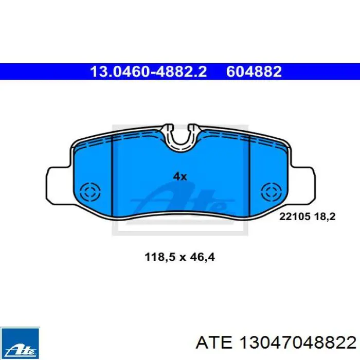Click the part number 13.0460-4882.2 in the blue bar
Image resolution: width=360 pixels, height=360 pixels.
coord(149,71)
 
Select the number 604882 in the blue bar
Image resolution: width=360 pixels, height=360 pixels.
coord(254,71)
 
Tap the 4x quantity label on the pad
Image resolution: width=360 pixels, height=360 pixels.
coord(180,176)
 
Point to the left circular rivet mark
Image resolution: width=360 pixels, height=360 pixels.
coord(90,192)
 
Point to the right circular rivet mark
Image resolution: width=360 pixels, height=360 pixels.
coord(272,192)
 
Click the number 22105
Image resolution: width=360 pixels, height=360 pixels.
coord(295,217)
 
